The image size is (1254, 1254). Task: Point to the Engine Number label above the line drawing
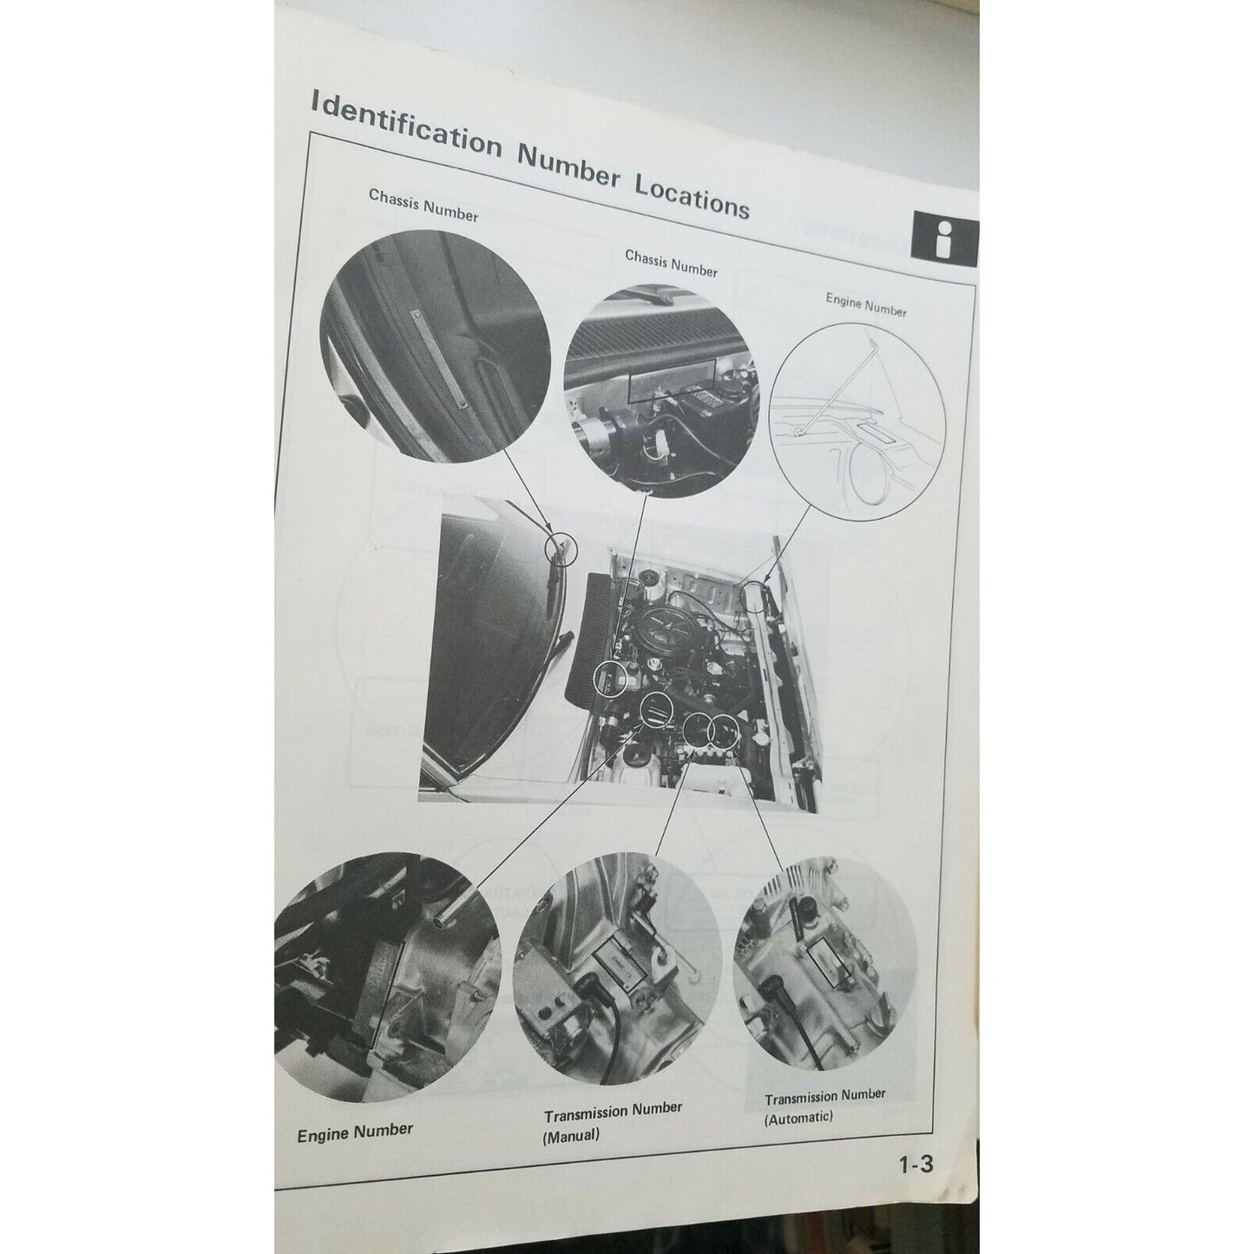865,305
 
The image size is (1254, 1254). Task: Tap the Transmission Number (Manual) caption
613,1110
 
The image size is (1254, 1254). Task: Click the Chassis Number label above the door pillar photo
423,205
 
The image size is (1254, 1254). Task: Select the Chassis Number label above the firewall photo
671,264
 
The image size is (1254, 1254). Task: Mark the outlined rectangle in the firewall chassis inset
670,378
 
